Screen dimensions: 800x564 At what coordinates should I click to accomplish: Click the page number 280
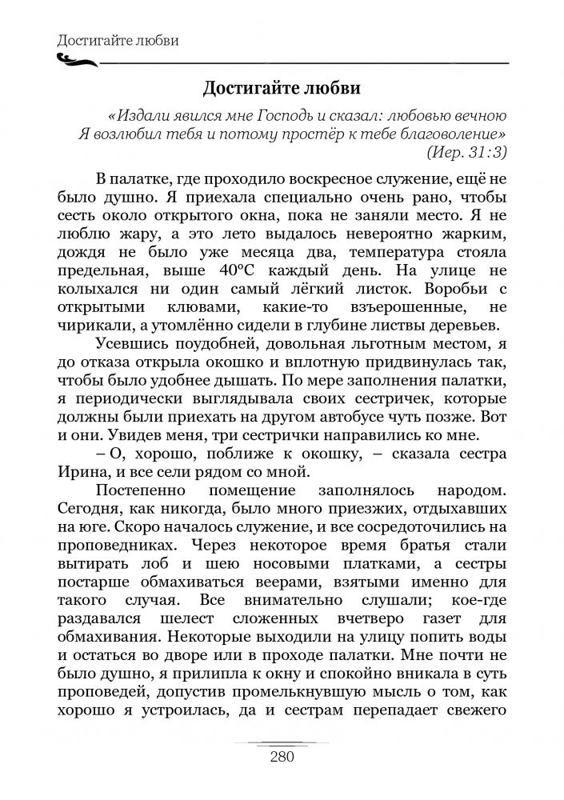(x=282, y=757)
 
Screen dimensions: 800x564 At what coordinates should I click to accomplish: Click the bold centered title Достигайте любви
(x=282, y=86)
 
